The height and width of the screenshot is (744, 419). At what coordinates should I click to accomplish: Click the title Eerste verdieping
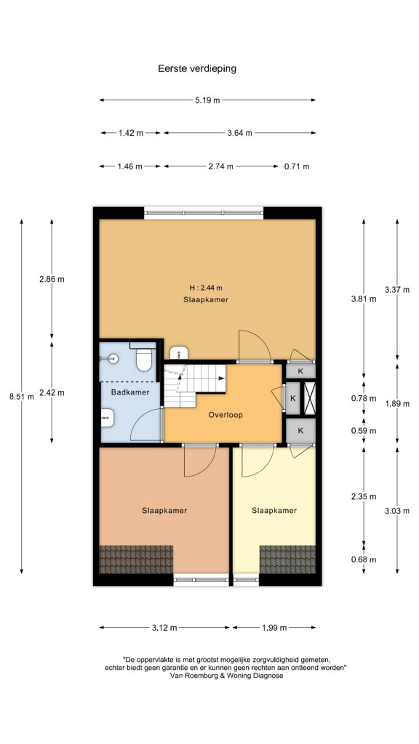click(197, 69)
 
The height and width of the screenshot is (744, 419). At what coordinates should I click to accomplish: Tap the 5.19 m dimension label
click(207, 100)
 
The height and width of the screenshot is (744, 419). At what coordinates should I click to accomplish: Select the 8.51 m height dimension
click(22, 397)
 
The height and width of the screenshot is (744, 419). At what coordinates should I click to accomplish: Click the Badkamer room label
click(130, 392)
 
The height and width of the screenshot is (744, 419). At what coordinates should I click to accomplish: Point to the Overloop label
click(226, 415)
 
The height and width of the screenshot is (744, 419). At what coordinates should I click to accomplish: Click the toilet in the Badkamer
click(143, 360)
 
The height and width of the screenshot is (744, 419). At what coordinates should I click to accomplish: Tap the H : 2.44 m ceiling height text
click(206, 288)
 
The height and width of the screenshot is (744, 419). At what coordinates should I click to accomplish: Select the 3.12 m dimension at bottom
click(164, 628)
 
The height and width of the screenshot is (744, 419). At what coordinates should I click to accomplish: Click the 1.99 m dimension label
click(274, 628)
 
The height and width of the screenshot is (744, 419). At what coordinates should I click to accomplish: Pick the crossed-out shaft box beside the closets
click(309, 398)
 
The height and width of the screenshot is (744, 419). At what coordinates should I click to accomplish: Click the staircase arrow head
click(223, 378)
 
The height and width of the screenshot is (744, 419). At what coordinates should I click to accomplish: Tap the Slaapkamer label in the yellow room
click(274, 511)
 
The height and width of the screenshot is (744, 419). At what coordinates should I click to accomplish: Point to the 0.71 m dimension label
click(297, 166)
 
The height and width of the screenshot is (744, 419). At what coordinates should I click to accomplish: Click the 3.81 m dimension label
click(364, 299)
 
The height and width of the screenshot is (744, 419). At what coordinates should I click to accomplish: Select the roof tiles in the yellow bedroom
click(287, 560)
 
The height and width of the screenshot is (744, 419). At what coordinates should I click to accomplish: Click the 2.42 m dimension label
click(52, 393)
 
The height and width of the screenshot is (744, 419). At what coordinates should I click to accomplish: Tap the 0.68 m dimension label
click(364, 560)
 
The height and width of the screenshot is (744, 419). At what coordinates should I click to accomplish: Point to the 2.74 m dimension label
click(220, 166)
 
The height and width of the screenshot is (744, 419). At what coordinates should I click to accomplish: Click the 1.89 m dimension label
click(396, 404)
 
